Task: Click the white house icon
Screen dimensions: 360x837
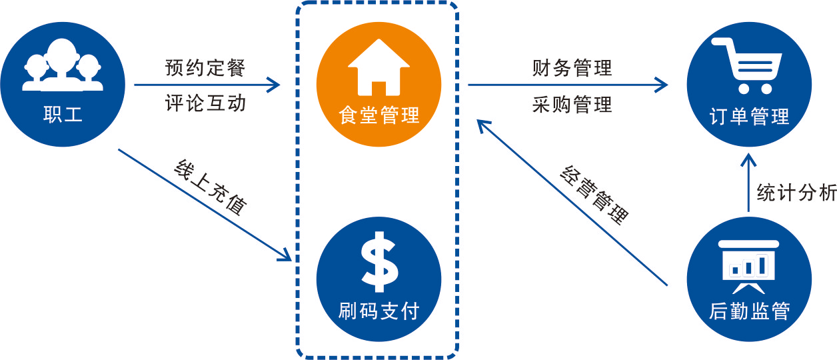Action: coord(379,69)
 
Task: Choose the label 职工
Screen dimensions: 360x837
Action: coord(63,114)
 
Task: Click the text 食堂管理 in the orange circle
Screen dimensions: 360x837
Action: coord(379,115)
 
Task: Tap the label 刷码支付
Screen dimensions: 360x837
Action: coord(379,310)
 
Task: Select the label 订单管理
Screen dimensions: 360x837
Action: coord(749,117)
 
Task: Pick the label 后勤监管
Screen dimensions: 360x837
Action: coord(749,311)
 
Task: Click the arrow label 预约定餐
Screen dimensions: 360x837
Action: coord(205,69)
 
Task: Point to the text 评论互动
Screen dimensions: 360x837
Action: coord(205,103)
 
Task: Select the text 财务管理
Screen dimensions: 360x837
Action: coord(572,69)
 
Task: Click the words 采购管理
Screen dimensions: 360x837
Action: coord(572,105)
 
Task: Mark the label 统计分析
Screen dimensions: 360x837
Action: coord(796,193)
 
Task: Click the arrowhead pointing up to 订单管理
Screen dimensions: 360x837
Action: coord(749,162)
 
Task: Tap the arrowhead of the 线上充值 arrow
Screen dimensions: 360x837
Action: coord(286,255)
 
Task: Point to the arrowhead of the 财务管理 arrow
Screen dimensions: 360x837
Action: coord(662,85)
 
